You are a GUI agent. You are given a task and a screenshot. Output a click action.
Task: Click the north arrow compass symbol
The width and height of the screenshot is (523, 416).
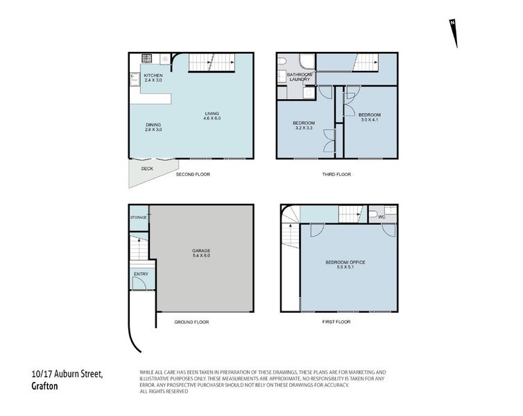click(454, 33)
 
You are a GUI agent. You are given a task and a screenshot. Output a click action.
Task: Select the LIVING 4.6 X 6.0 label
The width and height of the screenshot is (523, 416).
click(212, 116)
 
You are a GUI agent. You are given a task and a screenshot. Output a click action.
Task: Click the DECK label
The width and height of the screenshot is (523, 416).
click(147, 168)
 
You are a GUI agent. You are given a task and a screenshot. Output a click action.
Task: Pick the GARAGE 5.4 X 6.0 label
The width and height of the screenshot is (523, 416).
click(201, 253)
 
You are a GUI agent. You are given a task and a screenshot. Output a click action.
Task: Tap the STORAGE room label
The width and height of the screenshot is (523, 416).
click(139, 218)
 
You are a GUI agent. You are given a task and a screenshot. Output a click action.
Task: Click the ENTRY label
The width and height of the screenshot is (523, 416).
click(141, 274)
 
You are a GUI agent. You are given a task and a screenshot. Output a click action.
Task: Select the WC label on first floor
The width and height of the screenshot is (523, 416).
click(381, 217)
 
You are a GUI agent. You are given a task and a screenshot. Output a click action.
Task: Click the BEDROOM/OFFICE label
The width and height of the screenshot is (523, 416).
click(345, 262)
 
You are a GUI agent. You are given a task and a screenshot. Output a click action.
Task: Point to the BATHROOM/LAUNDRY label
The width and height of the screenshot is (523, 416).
click(300, 77)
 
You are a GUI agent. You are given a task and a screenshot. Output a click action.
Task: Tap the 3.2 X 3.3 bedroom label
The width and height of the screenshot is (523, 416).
click(304, 128)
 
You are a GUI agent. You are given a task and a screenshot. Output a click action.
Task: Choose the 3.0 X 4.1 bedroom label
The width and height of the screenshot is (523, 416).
click(370, 120)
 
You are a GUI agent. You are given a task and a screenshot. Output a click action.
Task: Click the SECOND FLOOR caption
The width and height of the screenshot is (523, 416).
click(193, 174)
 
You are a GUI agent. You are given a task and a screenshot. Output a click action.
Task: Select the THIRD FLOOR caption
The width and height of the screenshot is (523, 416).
click(336, 174)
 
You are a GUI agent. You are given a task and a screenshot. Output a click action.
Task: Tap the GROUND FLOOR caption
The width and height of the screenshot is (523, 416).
click(191, 322)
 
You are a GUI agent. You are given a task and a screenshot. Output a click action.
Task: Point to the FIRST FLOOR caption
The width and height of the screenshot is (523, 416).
click(336, 322)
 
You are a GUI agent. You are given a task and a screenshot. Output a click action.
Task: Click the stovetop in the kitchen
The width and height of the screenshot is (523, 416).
click(147, 59)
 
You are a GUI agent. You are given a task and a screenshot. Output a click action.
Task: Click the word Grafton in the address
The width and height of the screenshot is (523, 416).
click(44, 386)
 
